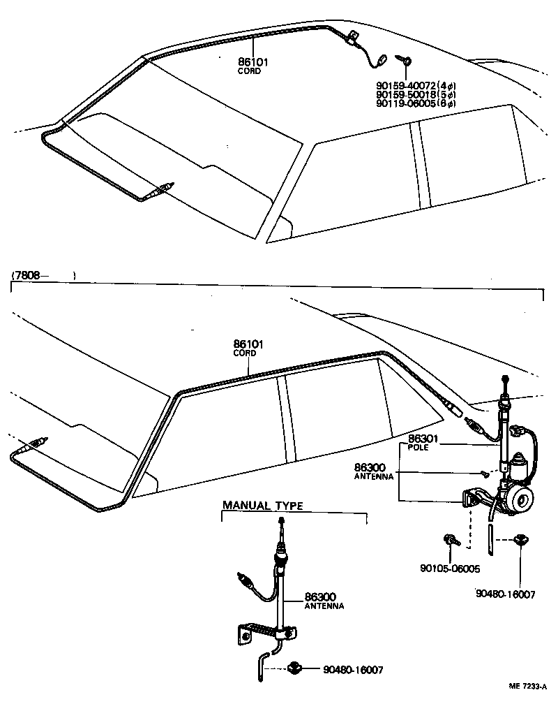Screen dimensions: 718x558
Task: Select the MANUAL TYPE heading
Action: click(262, 506)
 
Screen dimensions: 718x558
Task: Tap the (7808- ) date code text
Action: click(42, 275)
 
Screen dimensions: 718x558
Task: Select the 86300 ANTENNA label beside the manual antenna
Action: click(323, 601)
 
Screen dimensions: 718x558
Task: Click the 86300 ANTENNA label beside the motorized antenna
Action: click(374, 471)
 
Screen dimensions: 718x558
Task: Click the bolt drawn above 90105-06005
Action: click(449, 539)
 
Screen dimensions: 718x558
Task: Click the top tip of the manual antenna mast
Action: click(280, 521)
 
